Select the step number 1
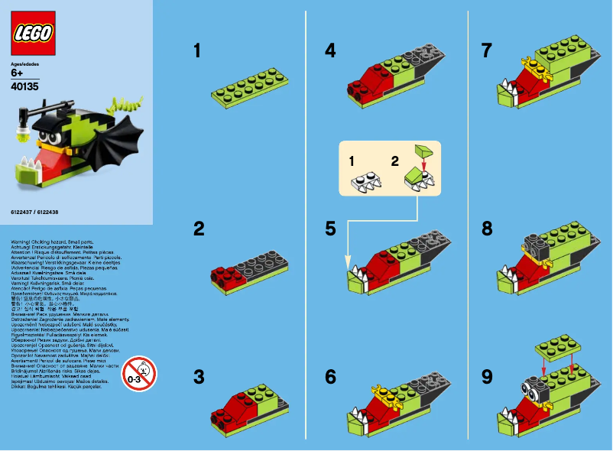[197, 51]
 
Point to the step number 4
[330, 51]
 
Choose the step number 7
[487, 51]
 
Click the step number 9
[487, 376]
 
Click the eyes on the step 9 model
[529, 388]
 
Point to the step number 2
[197, 228]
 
